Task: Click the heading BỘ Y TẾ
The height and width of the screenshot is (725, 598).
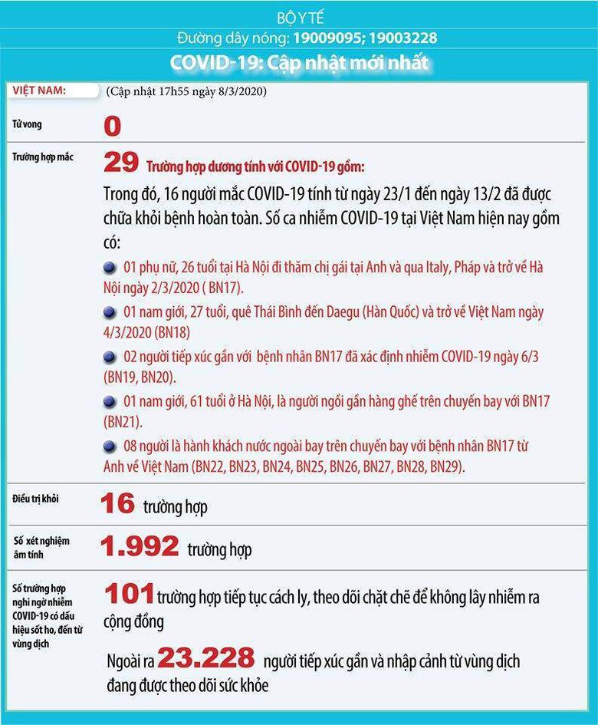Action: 298,18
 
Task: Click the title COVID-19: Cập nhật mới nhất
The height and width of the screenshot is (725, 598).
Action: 299,61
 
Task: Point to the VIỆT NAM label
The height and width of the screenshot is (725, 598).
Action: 39,90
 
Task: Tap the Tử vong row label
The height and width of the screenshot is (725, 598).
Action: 24,124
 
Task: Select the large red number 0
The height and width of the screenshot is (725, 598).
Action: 112,127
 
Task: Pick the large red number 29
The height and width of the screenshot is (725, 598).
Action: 120,162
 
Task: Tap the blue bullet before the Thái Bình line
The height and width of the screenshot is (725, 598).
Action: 110,312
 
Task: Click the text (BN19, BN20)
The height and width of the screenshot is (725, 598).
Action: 140,377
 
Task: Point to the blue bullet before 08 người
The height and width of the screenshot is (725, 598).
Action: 110,446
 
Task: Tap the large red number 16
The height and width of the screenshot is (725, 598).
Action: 117,504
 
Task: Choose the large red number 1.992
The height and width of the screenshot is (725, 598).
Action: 140,547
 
